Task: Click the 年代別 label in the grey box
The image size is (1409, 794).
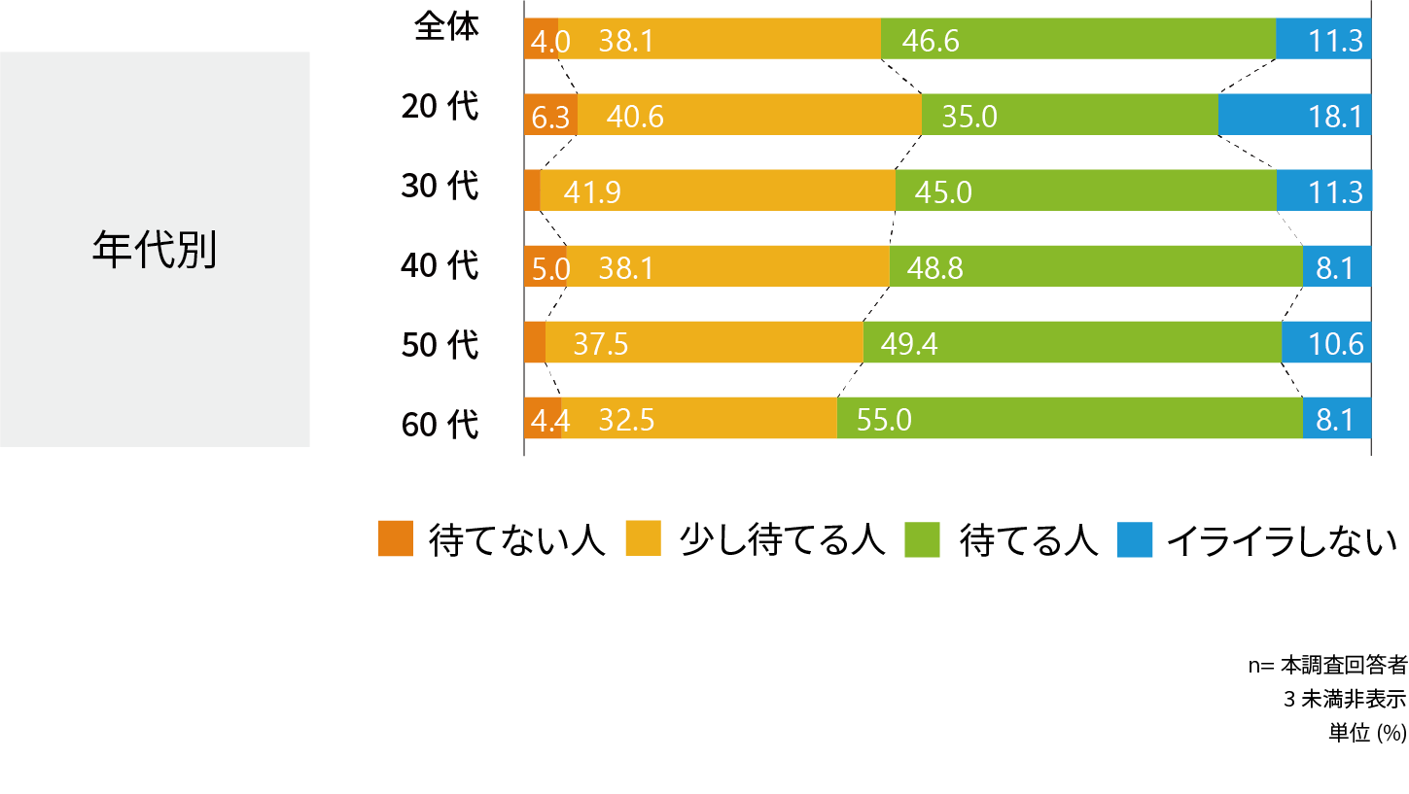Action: (155, 250)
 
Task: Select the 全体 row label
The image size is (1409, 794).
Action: (447, 27)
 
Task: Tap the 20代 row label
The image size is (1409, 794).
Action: (440, 107)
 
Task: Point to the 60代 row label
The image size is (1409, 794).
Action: (440, 425)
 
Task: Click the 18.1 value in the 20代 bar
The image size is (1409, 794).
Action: (1335, 118)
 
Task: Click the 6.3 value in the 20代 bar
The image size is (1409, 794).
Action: (550, 118)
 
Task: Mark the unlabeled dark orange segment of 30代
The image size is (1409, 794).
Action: (532, 190)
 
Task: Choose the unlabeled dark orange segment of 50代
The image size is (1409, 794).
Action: (535, 341)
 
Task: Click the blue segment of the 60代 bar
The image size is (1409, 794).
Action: (1336, 418)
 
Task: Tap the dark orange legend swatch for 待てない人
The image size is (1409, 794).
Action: (396, 539)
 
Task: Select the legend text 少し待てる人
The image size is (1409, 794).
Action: (783, 539)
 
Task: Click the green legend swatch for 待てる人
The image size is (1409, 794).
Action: (922, 539)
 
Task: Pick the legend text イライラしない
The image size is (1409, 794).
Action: (1282, 539)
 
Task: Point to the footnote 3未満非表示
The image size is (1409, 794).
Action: (1345, 700)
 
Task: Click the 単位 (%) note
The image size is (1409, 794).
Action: (1367, 733)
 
